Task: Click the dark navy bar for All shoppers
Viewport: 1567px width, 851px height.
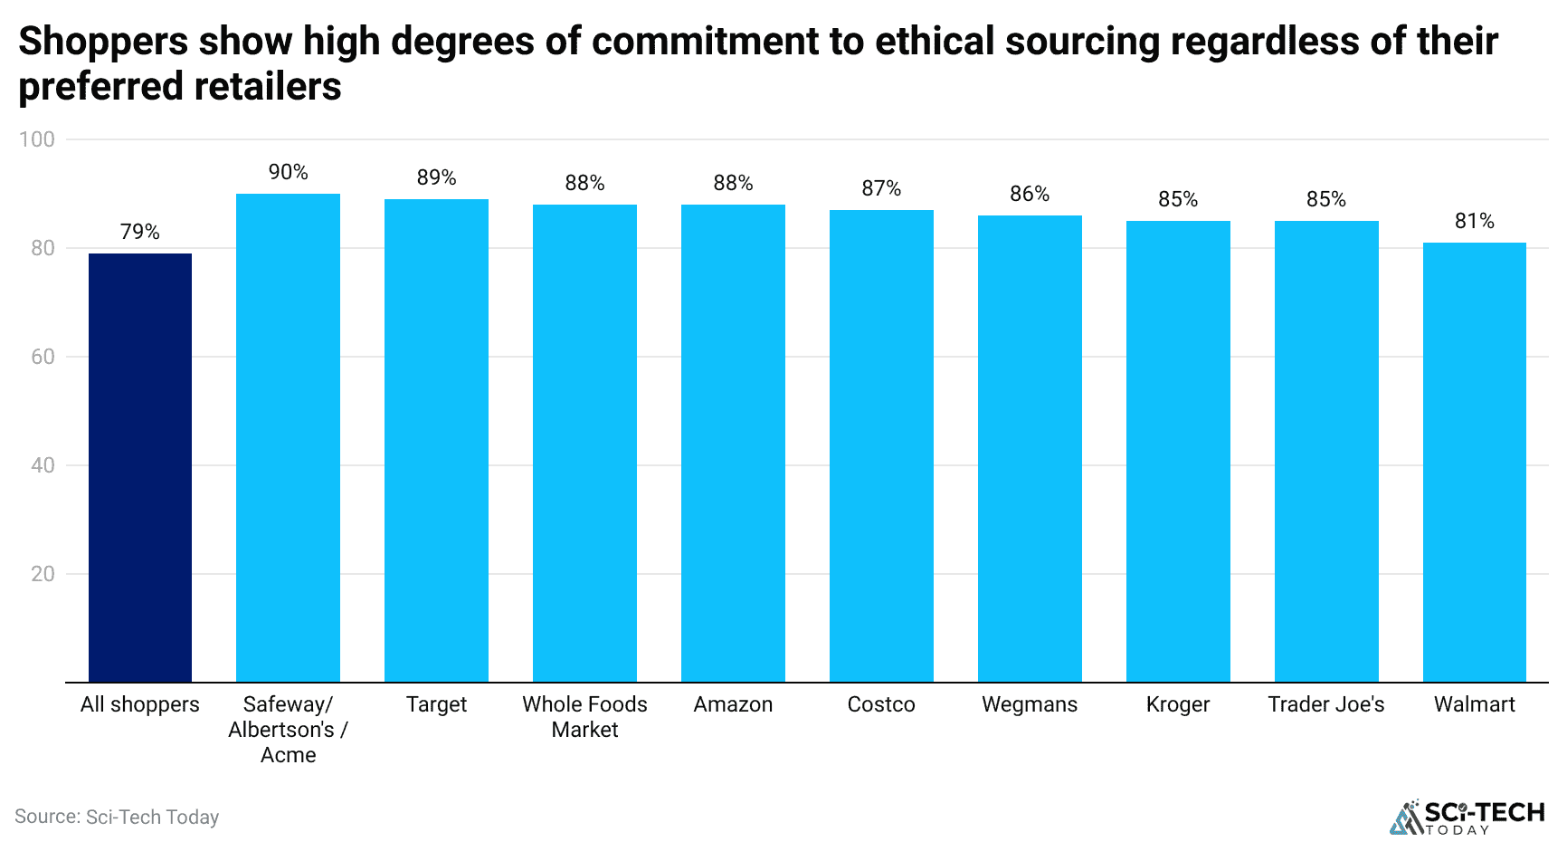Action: (140, 467)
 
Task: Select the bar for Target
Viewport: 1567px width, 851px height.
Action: (436, 440)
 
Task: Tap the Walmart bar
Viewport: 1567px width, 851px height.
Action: (1475, 462)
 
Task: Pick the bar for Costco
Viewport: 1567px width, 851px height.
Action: (881, 445)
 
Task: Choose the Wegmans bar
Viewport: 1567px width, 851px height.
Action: (1030, 448)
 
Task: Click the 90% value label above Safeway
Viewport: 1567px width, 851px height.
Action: (289, 172)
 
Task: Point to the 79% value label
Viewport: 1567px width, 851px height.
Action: (140, 232)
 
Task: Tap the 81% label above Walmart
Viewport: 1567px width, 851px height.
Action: (1475, 221)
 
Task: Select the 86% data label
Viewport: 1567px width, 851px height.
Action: (1030, 194)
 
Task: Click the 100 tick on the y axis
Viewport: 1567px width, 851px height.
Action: (37, 139)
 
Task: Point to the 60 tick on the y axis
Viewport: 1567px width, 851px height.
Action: (43, 357)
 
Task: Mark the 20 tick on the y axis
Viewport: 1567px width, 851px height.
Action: (43, 574)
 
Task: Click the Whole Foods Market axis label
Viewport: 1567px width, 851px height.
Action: (584, 717)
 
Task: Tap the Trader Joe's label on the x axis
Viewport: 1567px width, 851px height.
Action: (1326, 704)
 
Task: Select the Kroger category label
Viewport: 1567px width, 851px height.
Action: (1178, 704)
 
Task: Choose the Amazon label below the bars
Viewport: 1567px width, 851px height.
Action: (733, 704)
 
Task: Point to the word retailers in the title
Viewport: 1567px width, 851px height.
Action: (267, 87)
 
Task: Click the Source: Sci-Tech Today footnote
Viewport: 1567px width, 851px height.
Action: (117, 817)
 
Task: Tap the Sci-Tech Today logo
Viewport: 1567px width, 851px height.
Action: (1467, 817)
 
